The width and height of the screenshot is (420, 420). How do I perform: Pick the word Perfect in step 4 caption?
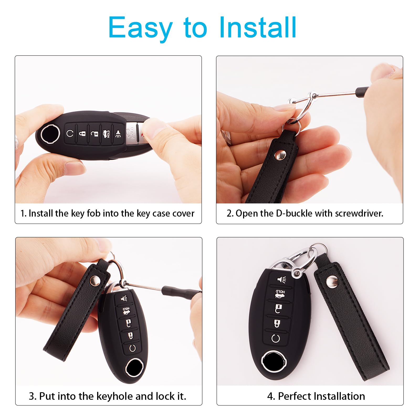[x=294, y=396]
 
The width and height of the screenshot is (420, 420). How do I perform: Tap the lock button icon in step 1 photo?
[x=82, y=133]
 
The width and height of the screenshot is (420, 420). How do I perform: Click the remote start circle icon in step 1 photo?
[x=70, y=133]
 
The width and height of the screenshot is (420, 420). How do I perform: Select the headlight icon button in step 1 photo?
[x=118, y=134]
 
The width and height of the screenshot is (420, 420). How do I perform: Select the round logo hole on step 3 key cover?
[x=134, y=367]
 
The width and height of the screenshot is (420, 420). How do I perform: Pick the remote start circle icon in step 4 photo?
[x=276, y=338]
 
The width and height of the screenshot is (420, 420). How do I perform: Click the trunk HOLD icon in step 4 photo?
[x=280, y=294]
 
